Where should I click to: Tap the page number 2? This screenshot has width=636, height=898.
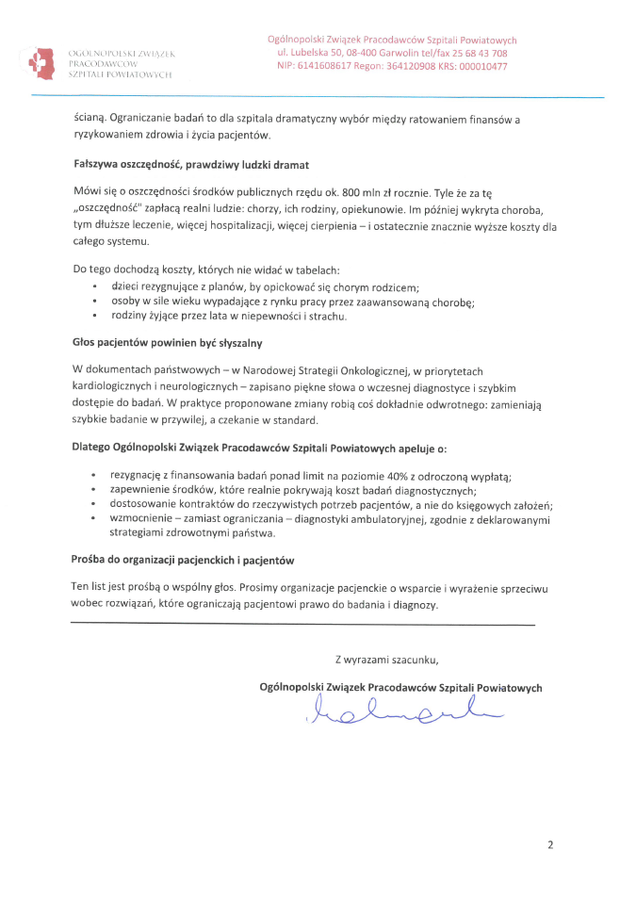click(x=550, y=845)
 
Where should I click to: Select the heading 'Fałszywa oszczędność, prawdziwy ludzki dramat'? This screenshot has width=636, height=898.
click(x=191, y=164)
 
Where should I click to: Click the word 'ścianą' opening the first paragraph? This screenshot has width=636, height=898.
click(x=90, y=120)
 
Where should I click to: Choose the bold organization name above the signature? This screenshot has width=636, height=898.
click(x=400, y=688)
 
